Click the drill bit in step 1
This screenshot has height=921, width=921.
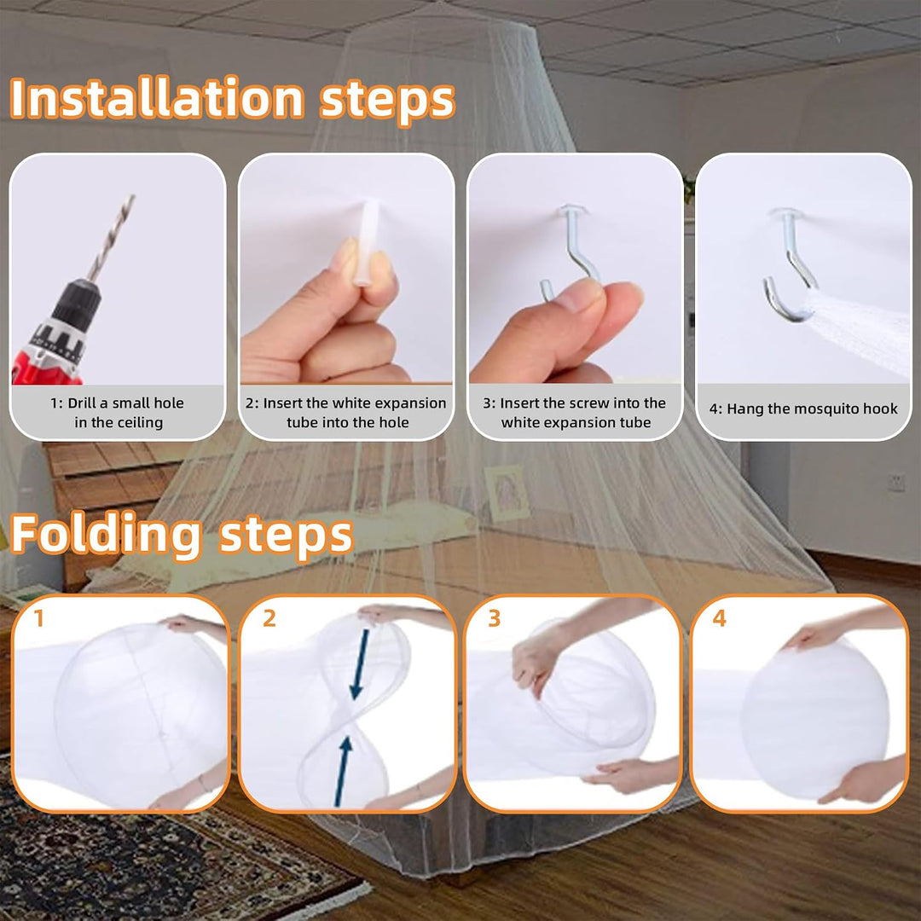click(x=112, y=238)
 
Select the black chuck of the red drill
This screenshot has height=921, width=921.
click(x=77, y=305)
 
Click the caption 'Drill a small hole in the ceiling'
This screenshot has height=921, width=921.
click(x=118, y=413)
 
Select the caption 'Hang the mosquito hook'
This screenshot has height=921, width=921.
click(x=803, y=408)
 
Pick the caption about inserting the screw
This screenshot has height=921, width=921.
click(x=575, y=413)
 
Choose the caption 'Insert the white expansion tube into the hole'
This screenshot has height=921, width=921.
click(x=346, y=413)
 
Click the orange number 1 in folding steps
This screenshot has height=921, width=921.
click(x=38, y=618)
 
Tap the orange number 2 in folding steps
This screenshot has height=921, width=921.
click(x=269, y=618)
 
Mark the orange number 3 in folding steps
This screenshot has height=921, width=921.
click(x=494, y=618)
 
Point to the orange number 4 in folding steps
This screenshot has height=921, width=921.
click(x=719, y=618)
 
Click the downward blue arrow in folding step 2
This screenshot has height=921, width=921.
click(x=360, y=664)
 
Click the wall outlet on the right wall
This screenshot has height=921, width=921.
click(x=895, y=482)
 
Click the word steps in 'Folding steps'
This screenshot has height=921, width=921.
click(x=286, y=536)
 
